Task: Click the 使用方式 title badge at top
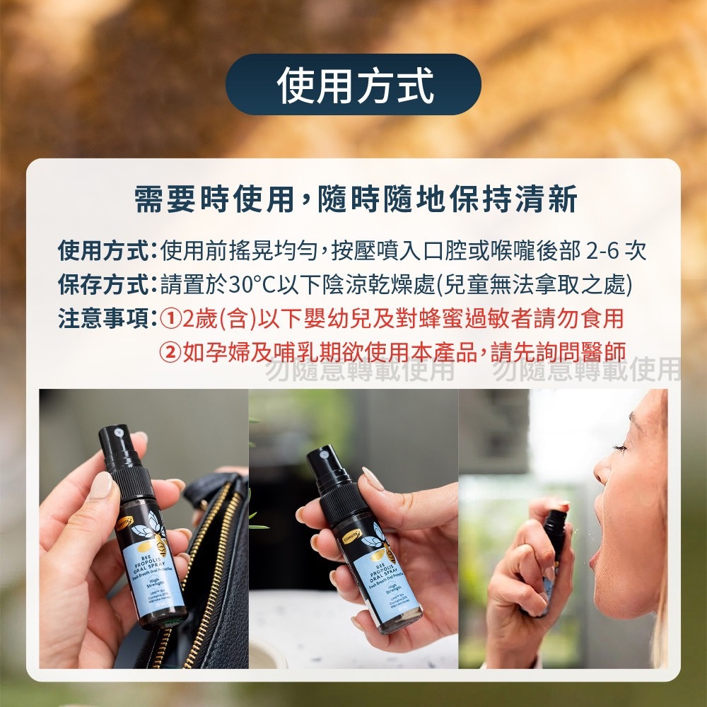pos(353,84)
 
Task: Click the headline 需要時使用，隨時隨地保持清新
pos(356,199)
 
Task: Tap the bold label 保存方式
pos(103,284)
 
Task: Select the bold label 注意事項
pos(103,318)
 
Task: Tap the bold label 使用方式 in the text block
pos(103,251)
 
